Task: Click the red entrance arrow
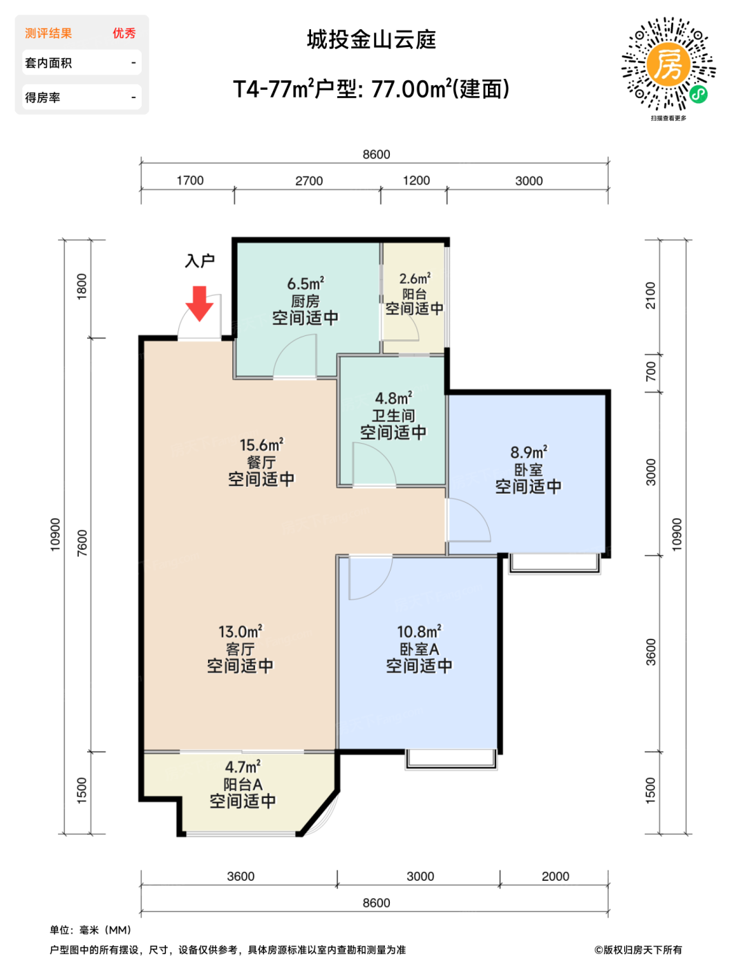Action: coord(199,304)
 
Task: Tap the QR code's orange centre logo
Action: coord(668,65)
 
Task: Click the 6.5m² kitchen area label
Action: coord(305,283)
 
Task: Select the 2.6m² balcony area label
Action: coord(415,279)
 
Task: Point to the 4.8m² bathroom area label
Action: coord(393,398)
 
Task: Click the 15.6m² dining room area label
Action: coord(261,445)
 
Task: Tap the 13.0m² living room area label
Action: coord(240,631)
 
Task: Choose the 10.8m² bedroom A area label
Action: coord(419,631)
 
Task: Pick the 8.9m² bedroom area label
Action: coord(529,452)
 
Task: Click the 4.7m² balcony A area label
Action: coord(243,767)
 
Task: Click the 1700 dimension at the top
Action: coord(190,180)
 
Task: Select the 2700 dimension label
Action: coord(309,181)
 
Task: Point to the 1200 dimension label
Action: coord(416,180)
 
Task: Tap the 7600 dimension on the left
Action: coord(82,543)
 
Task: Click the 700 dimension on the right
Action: coord(651,371)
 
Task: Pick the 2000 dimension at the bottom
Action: coord(555,876)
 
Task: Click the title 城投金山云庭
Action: coord(371,39)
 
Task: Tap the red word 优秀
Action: coord(124,33)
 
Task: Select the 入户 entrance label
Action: coord(200,261)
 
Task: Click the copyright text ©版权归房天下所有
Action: coord(638,950)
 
